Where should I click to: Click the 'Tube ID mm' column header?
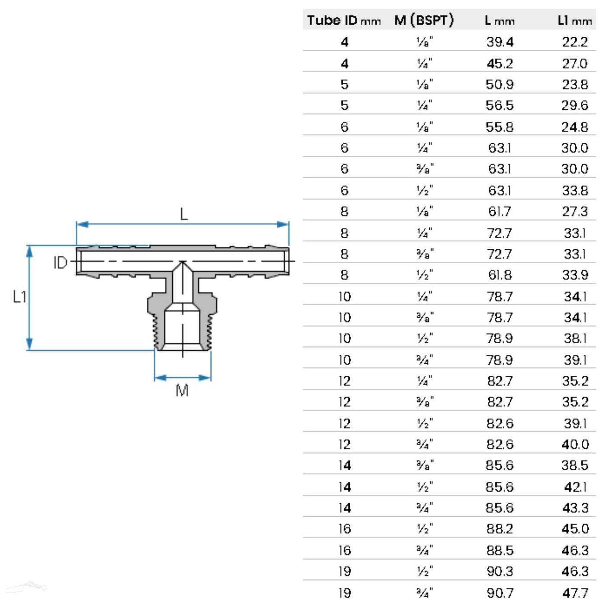(x=344, y=20)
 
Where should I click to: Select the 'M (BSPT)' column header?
(x=424, y=20)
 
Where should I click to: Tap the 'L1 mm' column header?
(x=574, y=20)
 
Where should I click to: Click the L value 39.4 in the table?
(x=500, y=42)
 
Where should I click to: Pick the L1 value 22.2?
(x=574, y=42)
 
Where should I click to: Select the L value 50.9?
(x=500, y=84)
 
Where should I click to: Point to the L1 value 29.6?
(x=574, y=105)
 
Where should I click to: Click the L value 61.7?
(x=500, y=212)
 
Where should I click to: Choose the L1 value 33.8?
(x=574, y=190)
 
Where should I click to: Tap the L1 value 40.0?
(x=575, y=445)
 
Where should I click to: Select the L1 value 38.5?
(x=574, y=465)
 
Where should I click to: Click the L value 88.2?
(x=500, y=529)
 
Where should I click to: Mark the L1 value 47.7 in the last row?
(x=575, y=593)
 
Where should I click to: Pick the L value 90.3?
(x=500, y=571)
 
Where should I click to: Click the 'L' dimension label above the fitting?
(x=184, y=214)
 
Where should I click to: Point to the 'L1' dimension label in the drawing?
(x=19, y=297)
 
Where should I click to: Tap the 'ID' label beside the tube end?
(x=60, y=263)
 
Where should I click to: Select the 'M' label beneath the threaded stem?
(x=182, y=390)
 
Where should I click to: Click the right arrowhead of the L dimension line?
(x=284, y=224)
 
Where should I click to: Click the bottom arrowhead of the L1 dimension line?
(x=29, y=344)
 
